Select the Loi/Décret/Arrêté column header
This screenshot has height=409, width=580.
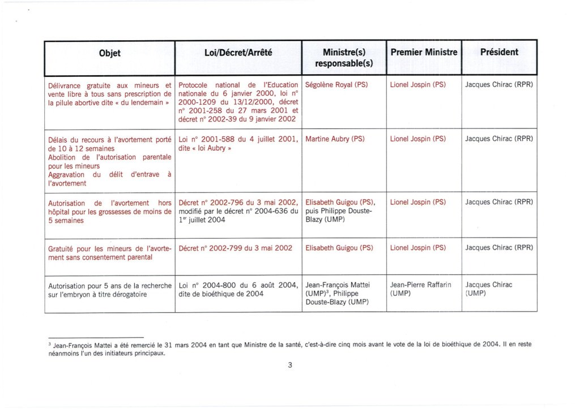coord(237,53)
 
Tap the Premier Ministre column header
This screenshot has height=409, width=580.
coord(424,53)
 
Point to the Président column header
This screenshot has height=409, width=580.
coord(499,53)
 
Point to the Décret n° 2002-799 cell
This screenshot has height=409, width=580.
coord(235,248)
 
